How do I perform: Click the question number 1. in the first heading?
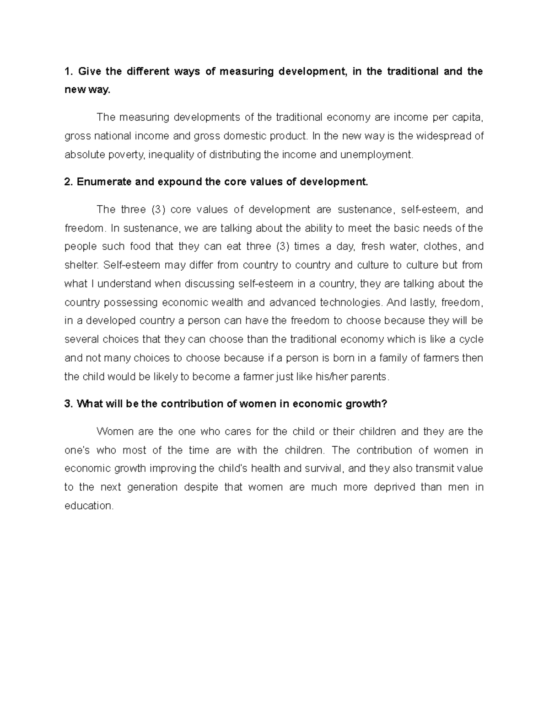[x=69, y=72]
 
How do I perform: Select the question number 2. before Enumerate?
[x=69, y=182]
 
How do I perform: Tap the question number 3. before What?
[x=69, y=404]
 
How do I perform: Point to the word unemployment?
[x=376, y=155]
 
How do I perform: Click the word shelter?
[x=81, y=266]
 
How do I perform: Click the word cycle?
[x=471, y=340]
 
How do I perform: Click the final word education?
[x=88, y=506]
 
